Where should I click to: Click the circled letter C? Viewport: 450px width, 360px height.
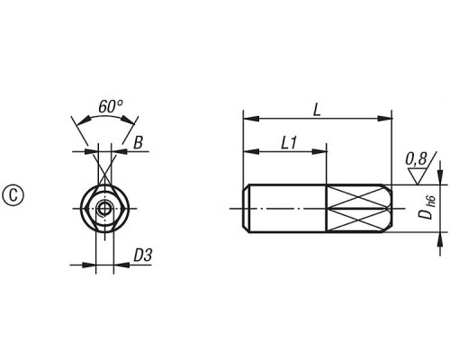click(13, 196)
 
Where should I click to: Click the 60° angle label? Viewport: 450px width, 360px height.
click(110, 106)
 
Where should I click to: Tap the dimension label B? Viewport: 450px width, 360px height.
click(138, 142)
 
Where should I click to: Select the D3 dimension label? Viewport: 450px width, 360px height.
click(143, 256)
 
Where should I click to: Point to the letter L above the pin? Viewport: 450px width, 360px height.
click(317, 110)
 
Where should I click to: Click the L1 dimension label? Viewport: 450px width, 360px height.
click(289, 143)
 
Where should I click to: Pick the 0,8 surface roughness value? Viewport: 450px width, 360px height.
click(416, 159)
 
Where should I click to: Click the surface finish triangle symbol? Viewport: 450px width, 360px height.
click(418, 176)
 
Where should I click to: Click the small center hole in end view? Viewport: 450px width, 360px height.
click(104, 208)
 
